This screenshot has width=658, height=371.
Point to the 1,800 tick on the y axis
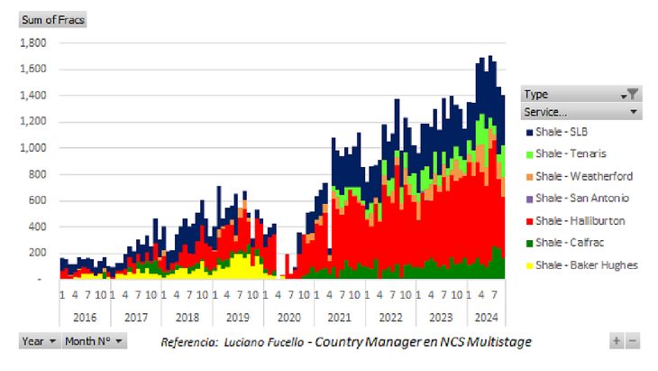coord(33,42)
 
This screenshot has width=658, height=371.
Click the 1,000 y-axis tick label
coord(33,148)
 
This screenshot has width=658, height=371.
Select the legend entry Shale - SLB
coord(560,132)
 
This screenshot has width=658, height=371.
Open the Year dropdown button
coord(39,341)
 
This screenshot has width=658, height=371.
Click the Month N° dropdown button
coord(95,341)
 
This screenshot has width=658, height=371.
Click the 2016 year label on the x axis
coord(84,318)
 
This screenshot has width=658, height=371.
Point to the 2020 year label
coord(288,318)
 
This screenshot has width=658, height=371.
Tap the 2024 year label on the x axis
coord(485,318)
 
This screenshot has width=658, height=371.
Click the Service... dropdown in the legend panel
coord(581,112)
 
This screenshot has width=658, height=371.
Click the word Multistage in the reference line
coord(498,341)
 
